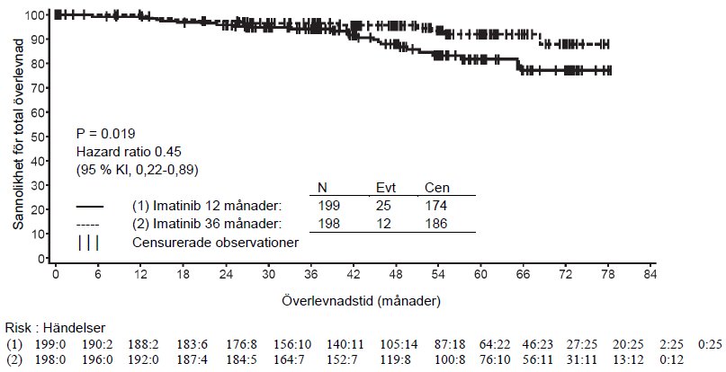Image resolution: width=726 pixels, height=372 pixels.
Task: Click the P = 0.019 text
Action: click(105, 134)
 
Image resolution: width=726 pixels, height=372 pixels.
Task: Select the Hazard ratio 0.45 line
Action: click(129, 152)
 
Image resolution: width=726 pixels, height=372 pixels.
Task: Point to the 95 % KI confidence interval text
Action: click(137, 170)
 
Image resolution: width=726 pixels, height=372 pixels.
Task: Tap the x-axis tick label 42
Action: click(354, 274)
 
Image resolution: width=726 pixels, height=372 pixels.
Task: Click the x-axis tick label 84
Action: click(650, 274)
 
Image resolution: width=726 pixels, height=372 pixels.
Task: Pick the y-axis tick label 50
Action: click(40, 137)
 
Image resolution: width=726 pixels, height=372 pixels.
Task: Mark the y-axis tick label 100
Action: click(37, 15)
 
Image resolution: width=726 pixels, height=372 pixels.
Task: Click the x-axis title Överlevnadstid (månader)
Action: click(361, 301)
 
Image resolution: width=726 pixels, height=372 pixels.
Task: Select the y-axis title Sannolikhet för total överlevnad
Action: click(18, 134)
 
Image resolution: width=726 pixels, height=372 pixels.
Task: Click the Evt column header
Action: click(386, 188)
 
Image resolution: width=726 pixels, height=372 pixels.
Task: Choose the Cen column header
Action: click(437, 188)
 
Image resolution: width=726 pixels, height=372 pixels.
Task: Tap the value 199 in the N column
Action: click(328, 206)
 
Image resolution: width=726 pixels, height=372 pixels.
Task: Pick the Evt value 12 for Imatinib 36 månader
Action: click(383, 224)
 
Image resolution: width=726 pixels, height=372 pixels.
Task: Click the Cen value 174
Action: click(436, 206)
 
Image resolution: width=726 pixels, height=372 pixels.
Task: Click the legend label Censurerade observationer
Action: click(215, 243)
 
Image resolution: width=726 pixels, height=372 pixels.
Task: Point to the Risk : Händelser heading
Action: click(55, 329)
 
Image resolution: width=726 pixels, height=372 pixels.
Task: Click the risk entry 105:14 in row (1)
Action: click(399, 345)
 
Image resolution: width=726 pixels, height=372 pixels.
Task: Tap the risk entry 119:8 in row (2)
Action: click(396, 359)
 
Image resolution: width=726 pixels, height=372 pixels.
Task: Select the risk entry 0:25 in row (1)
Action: click(711, 345)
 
